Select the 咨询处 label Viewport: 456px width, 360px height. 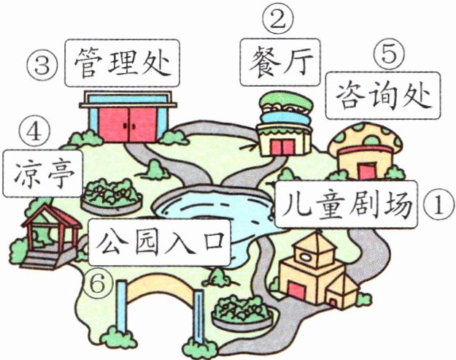click(x=383, y=94)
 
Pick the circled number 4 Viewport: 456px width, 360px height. click(x=36, y=133)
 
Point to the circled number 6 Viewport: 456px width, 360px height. click(x=97, y=282)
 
